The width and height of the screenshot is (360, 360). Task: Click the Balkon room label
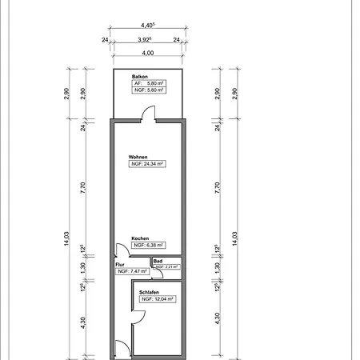point(141,76)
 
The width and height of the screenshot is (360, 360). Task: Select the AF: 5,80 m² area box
point(149,83)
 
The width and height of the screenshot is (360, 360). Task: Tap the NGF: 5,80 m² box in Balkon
point(149,90)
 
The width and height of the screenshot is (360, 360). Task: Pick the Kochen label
point(141,238)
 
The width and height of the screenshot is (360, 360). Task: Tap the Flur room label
point(120,264)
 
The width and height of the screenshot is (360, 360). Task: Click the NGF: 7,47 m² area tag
point(132,271)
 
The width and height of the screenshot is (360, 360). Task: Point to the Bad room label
point(158,261)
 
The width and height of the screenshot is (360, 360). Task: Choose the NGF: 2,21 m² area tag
point(166,266)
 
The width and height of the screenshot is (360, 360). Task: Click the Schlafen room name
point(149,292)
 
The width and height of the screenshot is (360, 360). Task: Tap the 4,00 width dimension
point(147,54)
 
